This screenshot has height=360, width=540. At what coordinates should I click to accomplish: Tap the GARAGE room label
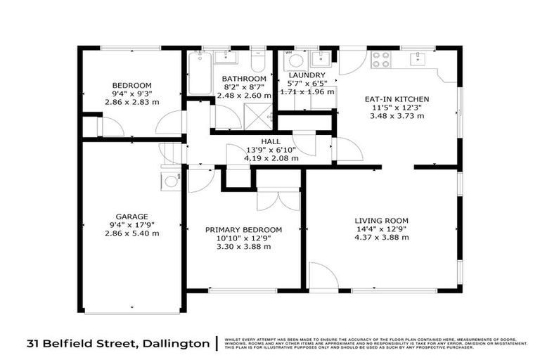[x=131, y=216]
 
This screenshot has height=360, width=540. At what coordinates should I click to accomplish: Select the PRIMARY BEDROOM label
[x=243, y=229]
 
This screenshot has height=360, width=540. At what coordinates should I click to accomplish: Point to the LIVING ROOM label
[x=382, y=220]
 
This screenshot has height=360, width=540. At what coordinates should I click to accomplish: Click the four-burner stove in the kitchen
[x=380, y=59]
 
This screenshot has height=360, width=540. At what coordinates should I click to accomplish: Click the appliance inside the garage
[x=170, y=181]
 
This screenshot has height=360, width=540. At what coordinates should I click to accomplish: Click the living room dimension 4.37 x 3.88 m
[x=382, y=238]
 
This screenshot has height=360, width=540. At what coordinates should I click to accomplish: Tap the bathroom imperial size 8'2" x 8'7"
[x=244, y=86]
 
